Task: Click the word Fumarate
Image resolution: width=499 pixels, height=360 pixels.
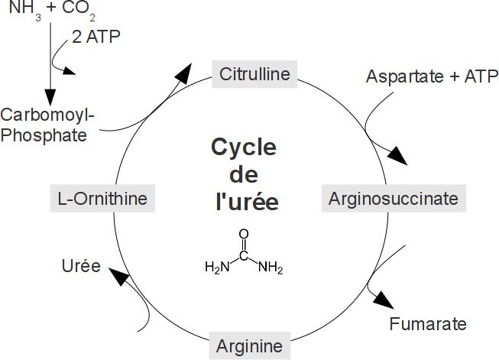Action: [x=427, y=323]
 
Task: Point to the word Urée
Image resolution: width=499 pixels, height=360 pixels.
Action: [x=80, y=266]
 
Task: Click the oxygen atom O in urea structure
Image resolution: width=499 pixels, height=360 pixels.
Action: [x=244, y=235]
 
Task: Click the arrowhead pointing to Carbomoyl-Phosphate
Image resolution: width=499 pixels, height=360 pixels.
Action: [x=50, y=97]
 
